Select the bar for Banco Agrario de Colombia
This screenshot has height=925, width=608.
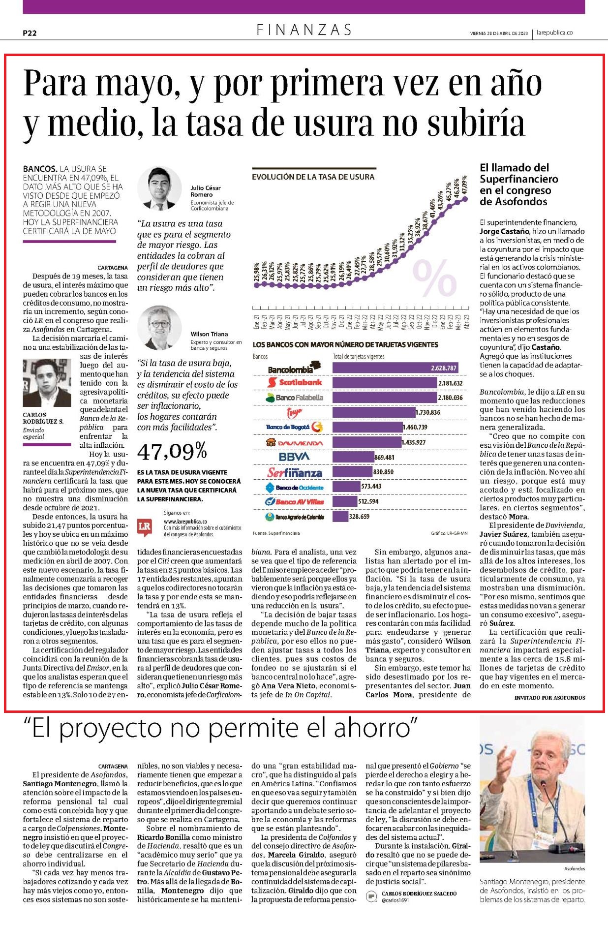point(340,517)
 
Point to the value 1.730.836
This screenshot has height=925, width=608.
point(428,412)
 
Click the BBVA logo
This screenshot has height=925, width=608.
point(294,457)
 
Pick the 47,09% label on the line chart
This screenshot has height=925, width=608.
point(464,185)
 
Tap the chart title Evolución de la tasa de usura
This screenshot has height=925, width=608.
point(313,177)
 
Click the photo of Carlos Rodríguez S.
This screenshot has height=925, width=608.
point(47,383)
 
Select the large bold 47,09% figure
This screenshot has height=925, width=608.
point(172,451)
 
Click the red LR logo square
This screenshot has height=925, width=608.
point(145,525)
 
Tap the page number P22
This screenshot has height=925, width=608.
point(30,33)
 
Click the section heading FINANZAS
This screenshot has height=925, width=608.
point(304,30)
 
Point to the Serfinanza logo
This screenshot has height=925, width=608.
point(295,472)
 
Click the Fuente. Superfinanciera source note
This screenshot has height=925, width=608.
point(276,533)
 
